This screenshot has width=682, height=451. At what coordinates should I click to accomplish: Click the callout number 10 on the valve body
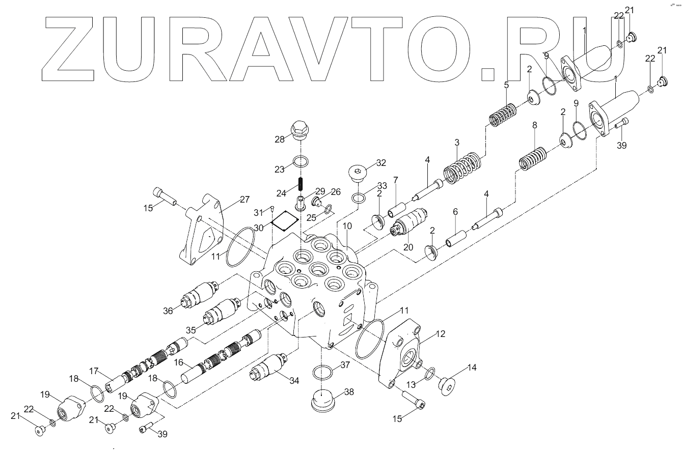pyautogui.click(x=347, y=225)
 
